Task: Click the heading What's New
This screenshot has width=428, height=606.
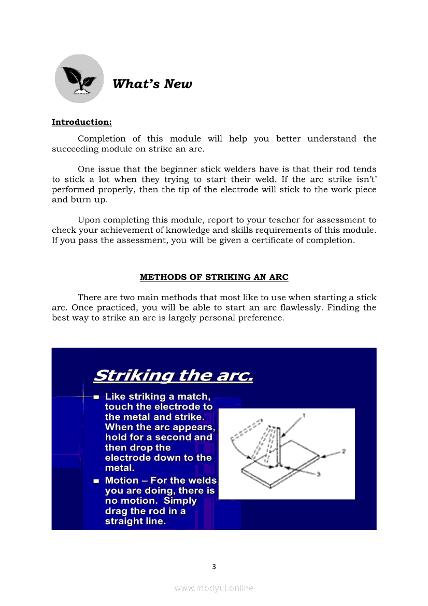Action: pyautogui.click(x=152, y=84)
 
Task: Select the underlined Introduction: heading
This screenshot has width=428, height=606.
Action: pyautogui.click(x=81, y=122)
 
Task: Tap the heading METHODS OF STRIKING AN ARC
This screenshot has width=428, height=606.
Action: pyautogui.click(x=214, y=277)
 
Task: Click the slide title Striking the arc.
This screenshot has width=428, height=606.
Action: pyautogui.click(x=174, y=375)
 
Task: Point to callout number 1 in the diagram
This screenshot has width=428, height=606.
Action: pyautogui.click(x=304, y=415)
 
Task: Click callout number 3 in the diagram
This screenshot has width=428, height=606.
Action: pyautogui.click(x=318, y=474)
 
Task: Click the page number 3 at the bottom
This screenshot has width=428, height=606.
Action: pyautogui.click(x=214, y=567)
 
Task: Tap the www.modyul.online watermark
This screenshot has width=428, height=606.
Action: pyautogui.click(x=214, y=588)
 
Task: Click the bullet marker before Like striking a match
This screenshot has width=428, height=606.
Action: pyautogui.click(x=96, y=397)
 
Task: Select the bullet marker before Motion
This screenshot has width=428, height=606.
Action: pyautogui.click(x=96, y=481)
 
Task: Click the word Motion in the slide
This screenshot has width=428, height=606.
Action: pyautogui.click(x=122, y=481)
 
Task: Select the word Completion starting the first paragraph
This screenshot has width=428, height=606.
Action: pyautogui.click(x=102, y=139)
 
